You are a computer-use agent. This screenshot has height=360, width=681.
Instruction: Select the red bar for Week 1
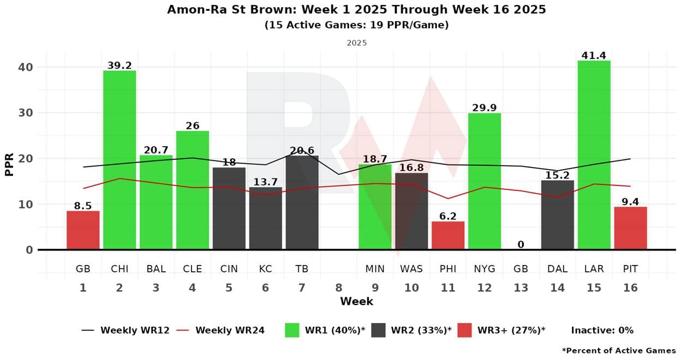(x=83, y=230)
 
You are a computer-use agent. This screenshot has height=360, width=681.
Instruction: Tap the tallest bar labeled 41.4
(x=594, y=155)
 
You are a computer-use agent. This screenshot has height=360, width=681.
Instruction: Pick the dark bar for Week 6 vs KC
(x=265, y=218)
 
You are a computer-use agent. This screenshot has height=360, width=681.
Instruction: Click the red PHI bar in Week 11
(x=448, y=236)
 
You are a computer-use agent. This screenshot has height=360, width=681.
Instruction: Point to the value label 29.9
(x=485, y=108)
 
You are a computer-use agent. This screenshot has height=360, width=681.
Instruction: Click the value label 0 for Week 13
(x=521, y=244)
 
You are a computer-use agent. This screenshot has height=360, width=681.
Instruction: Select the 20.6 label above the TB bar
(x=302, y=151)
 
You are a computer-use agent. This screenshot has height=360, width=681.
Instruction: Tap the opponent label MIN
(x=375, y=269)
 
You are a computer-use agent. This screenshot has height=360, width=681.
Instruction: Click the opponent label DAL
(x=557, y=269)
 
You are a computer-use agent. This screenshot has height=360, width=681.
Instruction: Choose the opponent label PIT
(x=630, y=269)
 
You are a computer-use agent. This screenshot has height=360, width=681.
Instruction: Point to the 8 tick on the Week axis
(x=338, y=288)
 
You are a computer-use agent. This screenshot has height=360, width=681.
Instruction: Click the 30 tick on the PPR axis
(x=27, y=113)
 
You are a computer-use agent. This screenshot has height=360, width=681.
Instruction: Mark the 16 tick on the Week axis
(x=630, y=288)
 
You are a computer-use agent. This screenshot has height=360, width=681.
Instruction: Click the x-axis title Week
(x=356, y=301)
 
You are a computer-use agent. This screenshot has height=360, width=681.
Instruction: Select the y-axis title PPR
(x=10, y=159)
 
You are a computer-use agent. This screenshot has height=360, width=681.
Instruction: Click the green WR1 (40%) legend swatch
(x=292, y=330)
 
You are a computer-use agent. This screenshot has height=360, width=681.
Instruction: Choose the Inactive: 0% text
(x=602, y=330)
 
